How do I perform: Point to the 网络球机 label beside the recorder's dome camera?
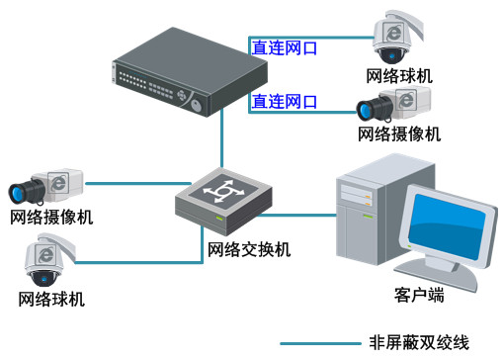click(399, 75)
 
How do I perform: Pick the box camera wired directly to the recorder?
click(392, 103)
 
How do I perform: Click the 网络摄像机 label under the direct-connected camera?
click(399, 133)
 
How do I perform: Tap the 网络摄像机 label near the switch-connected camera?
click(52, 217)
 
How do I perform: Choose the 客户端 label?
click(418, 295)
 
